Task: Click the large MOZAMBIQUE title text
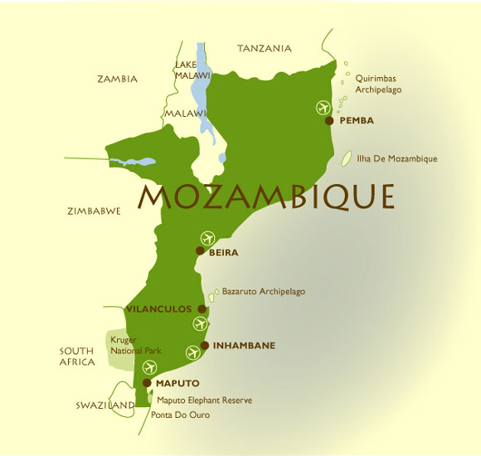265,196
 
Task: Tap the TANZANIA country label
265,49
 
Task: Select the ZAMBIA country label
117,80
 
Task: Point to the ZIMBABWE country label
94,211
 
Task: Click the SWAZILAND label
104,405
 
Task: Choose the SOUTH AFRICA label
76,357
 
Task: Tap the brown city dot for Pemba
329,120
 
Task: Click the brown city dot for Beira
200,250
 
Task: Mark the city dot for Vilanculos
202,308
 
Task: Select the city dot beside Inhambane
205,345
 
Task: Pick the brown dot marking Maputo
147,383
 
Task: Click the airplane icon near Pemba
323,106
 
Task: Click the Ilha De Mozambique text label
396,158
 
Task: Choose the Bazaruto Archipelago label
263,292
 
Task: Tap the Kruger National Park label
135,345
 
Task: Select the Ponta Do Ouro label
180,415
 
